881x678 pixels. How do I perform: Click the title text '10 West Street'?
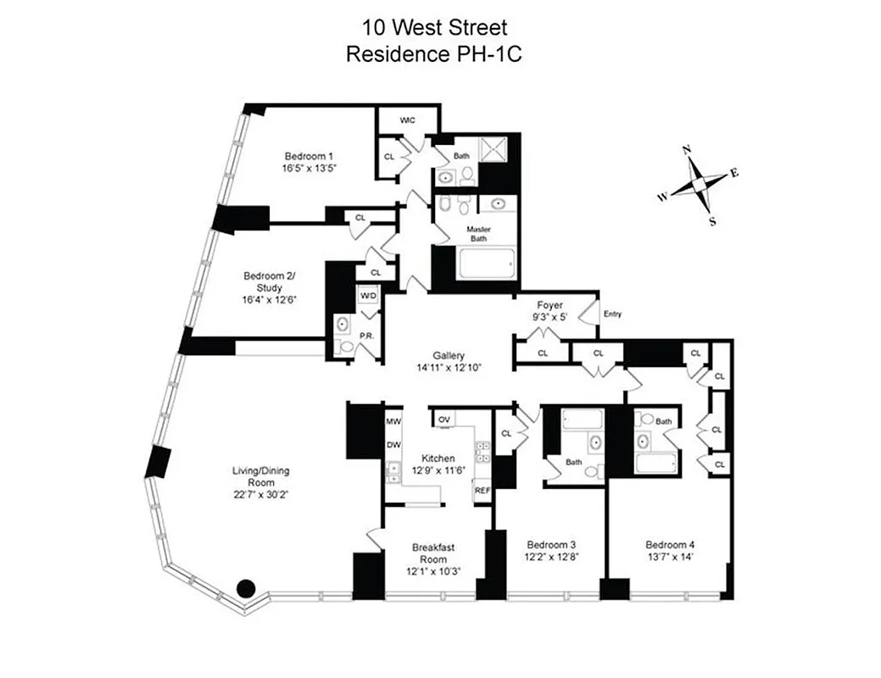(x=439, y=29)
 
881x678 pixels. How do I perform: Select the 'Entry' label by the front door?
(x=612, y=314)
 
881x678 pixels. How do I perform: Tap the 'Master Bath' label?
(x=478, y=233)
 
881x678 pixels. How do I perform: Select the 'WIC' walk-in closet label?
(x=408, y=120)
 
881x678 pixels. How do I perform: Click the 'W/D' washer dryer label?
(x=368, y=296)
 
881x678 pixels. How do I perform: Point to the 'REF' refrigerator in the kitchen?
(x=482, y=490)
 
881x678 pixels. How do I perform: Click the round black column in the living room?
(x=246, y=587)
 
